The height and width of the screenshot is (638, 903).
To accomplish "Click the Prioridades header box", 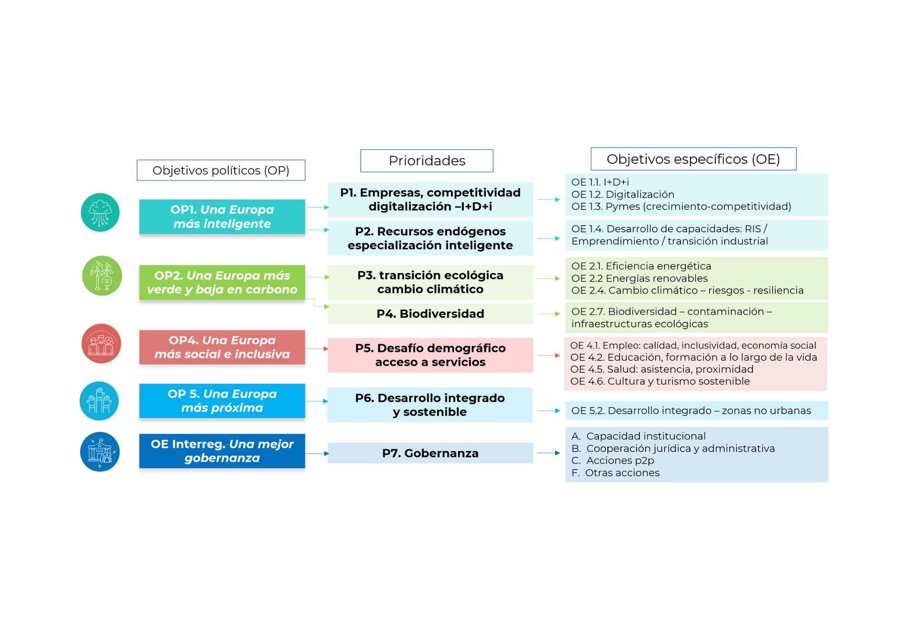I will pyautogui.click(x=427, y=161).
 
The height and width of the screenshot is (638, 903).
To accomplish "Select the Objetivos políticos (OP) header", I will pyautogui.click(x=221, y=171).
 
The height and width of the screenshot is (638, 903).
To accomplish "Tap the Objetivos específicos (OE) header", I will pyautogui.click(x=693, y=159).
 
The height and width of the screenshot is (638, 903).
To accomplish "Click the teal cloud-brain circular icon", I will pyautogui.click(x=100, y=213).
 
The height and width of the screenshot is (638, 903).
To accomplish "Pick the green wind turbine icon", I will pyautogui.click(x=102, y=276).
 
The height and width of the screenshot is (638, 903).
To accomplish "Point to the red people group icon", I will pyautogui.click(x=101, y=343).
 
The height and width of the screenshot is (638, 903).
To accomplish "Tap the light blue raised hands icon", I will pyautogui.click(x=99, y=401).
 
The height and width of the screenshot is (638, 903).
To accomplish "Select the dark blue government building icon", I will pyautogui.click(x=100, y=452).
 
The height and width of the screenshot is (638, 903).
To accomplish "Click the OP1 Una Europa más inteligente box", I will pyautogui.click(x=222, y=217).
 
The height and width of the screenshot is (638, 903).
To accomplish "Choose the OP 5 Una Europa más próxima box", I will pyautogui.click(x=222, y=401).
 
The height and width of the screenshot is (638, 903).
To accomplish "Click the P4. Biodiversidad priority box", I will pyautogui.click(x=430, y=314).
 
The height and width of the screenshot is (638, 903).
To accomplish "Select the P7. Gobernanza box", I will pyautogui.click(x=430, y=453).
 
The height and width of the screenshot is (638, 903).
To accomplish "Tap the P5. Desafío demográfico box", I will pyautogui.click(x=430, y=355).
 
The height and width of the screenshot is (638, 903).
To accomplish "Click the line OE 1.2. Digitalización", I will pyautogui.click(x=623, y=194).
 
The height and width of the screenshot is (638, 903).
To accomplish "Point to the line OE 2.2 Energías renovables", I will pyautogui.click(x=639, y=278).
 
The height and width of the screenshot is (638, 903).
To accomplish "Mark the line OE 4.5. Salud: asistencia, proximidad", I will pyautogui.click(x=662, y=369).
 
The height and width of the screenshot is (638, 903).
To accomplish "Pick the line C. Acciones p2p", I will pyautogui.click(x=613, y=461).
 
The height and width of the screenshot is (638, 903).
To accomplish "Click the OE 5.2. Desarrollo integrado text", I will pyautogui.click(x=691, y=411).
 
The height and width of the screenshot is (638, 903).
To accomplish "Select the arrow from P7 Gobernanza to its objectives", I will pyautogui.click(x=549, y=453).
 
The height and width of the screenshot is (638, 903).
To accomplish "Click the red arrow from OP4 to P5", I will pyautogui.click(x=317, y=349).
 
